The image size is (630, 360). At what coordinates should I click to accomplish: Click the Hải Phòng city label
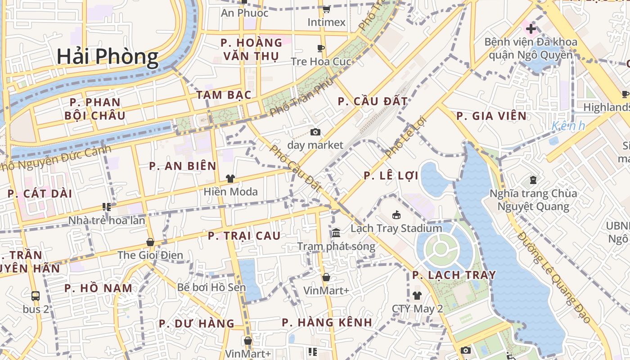pos(108,57)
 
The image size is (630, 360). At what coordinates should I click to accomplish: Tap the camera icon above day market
pos(315,132)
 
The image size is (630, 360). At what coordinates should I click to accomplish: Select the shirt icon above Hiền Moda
pos(230,179)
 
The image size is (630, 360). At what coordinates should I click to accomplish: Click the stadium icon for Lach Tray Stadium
pos(396,215)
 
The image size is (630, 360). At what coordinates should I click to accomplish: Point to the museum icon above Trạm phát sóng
pos(336,233)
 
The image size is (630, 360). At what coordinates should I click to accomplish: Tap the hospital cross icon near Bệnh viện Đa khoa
pos(531,29)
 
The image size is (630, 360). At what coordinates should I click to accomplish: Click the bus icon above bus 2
pos(36,296)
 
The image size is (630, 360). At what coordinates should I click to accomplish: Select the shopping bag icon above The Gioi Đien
pos(150,242)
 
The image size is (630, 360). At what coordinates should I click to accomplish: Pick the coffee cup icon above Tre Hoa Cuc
pos(321,48)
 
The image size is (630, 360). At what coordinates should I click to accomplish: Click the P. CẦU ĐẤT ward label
pos(373,101)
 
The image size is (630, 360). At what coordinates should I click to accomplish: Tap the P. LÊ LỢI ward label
pos(391,175)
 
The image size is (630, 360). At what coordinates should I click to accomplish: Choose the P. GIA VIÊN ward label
pos(491,116)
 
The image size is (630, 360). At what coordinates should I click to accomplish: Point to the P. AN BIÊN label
pos(183,166)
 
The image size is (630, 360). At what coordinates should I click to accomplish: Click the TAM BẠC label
pos(224,95)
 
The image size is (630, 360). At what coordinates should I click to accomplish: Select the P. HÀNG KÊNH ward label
pos(327,322)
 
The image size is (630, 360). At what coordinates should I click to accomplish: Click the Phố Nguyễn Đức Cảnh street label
pos(56,158)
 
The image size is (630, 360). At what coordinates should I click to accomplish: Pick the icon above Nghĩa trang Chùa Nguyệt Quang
pos(533,180)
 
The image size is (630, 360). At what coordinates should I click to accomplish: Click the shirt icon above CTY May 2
pos(417,296)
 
